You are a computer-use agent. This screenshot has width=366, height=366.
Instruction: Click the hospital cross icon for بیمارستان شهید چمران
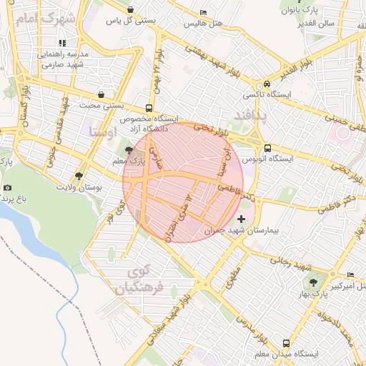point(241,219)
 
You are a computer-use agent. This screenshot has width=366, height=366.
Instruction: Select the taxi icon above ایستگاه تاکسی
point(266,83)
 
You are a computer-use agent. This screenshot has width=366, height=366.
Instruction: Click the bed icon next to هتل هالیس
point(203,12)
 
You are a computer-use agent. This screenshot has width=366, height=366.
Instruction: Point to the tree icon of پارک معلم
point(128,150)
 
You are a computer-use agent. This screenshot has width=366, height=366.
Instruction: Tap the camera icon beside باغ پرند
point(8,187)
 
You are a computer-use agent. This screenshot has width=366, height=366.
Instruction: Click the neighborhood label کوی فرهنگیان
point(137,280)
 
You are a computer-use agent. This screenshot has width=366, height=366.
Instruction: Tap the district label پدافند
point(249,115)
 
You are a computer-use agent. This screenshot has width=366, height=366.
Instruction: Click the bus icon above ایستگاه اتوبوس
point(267,149)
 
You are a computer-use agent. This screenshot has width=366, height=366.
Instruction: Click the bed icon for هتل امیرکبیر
point(350,275)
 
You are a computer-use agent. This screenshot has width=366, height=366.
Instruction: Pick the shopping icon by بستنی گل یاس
point(129,9)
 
